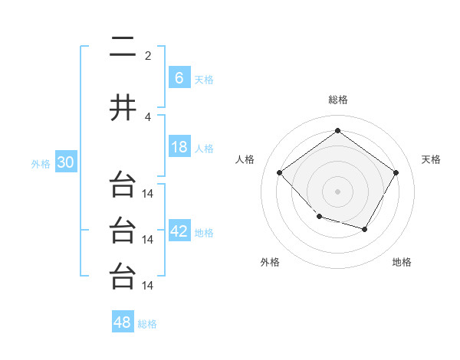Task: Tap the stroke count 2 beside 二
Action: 148,56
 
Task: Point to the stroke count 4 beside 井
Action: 148,117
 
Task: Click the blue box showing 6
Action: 179,78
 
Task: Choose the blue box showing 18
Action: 179,148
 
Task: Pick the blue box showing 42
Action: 179,232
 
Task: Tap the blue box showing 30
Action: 64,163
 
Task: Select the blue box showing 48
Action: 123,322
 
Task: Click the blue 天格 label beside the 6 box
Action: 204,80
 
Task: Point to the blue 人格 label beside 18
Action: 204,149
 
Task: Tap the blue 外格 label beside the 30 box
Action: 41,164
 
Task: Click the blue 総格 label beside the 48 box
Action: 147,324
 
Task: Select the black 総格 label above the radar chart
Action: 337,100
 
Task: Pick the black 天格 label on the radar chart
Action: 432,159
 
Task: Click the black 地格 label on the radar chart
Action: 402,263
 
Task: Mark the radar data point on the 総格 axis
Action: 337,131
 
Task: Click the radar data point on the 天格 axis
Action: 396,173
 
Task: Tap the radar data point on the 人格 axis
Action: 280,173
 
